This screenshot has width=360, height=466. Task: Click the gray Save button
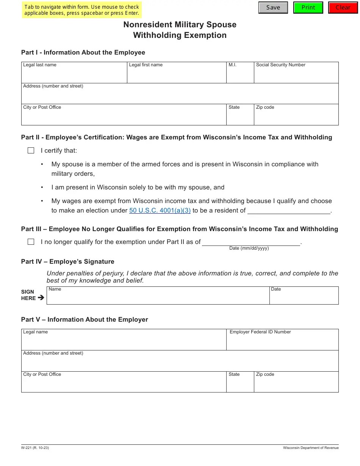(x=273, y=8)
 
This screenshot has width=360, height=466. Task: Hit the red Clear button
(x=343, y=8)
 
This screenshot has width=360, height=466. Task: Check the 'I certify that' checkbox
(x=31, y=151)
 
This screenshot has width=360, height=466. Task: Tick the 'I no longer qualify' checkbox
(x=31, y=242)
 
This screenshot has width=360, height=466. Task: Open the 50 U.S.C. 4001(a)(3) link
(x=160, y=211)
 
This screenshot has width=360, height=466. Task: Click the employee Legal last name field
(x=74, y=75)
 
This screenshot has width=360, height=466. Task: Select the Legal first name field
(x=177, y=75)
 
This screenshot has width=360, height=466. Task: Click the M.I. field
(x=240, y=75)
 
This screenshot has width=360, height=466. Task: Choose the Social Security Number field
(x=296, y=75)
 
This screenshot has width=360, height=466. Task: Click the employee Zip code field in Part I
(x=296, y=117)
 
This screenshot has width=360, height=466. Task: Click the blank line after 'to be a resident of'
(x=289, y=210)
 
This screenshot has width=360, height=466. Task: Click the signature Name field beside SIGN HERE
(x=158, y=297)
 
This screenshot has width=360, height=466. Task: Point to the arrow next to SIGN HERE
(x=41, y=298)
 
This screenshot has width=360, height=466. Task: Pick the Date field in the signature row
(x=304, y=297)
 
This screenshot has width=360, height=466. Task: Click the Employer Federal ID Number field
(x=282, y=342)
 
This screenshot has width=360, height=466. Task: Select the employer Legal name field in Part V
(x=124, y=342)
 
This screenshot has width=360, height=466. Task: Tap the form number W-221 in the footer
(x=35, y=448)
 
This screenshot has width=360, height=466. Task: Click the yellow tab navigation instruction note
(x=82, y=10)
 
